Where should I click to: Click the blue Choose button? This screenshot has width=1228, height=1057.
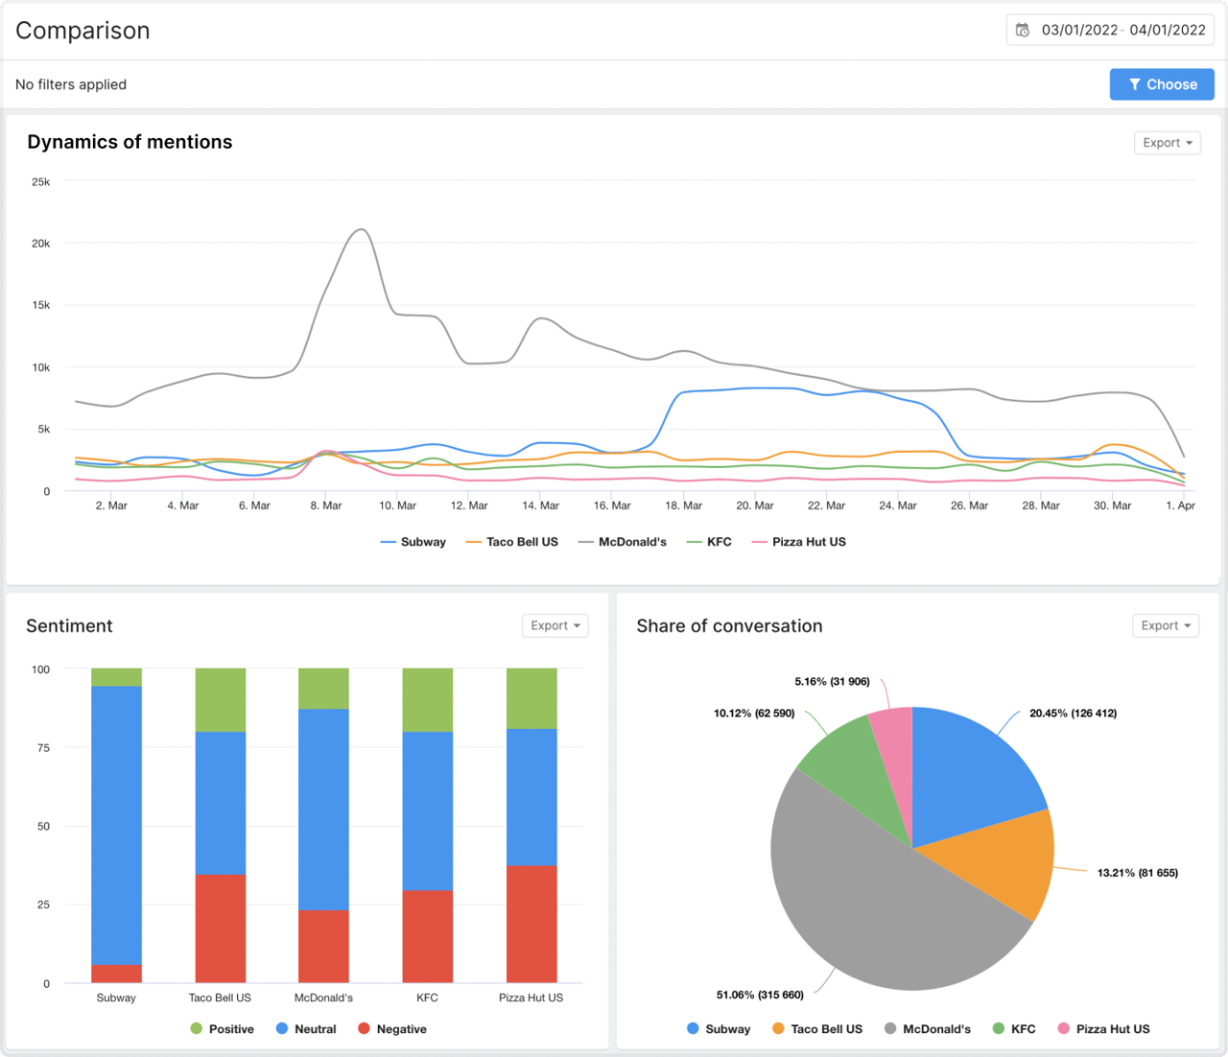[x=1162, y=84]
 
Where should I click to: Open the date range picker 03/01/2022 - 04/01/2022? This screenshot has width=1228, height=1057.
[x=1110, y=30]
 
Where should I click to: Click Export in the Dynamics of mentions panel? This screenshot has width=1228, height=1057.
[x=1167, y=143]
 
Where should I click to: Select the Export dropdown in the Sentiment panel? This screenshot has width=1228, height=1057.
[x=555, y=625]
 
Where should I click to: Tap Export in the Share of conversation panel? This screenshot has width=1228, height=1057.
[x=1166, y=625]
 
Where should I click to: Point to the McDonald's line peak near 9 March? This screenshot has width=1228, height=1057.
[x=361, y=230]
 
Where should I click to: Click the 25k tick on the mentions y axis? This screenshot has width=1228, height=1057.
[x=40, y=181]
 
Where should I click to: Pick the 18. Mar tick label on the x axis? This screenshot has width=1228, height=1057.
[x=683, y=505]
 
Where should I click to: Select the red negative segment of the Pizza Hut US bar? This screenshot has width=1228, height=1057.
[x=531, y=924]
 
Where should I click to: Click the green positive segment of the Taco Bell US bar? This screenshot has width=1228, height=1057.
[x=220, y=699]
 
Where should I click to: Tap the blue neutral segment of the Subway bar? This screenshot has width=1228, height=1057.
[x=116, y=825]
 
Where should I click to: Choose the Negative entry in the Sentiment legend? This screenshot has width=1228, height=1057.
[x=400, y=1029]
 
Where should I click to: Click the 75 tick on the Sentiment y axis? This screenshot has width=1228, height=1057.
[x=43, y=748]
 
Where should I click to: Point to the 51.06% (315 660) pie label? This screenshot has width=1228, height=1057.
[x=760, y=995]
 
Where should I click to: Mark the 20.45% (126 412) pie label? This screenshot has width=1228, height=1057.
[x=1073, y=713]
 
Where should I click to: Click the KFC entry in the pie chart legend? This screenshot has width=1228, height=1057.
[x=1023, y=1029]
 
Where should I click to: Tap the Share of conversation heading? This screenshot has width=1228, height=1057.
[x=729, y=626]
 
